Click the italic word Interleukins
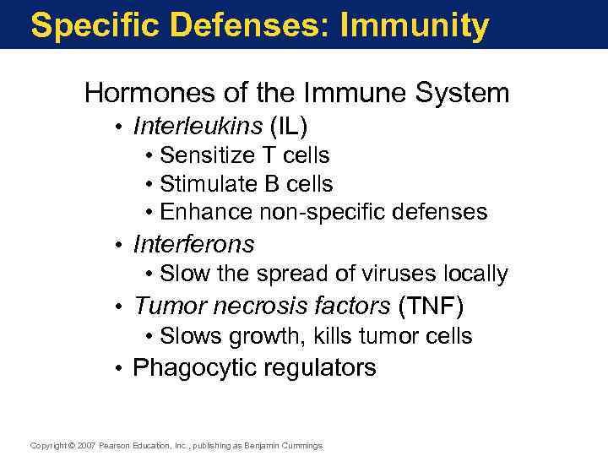(198, 127)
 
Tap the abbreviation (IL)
(288, 127)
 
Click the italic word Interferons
(193, 244)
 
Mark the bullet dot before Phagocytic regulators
(122, 369)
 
